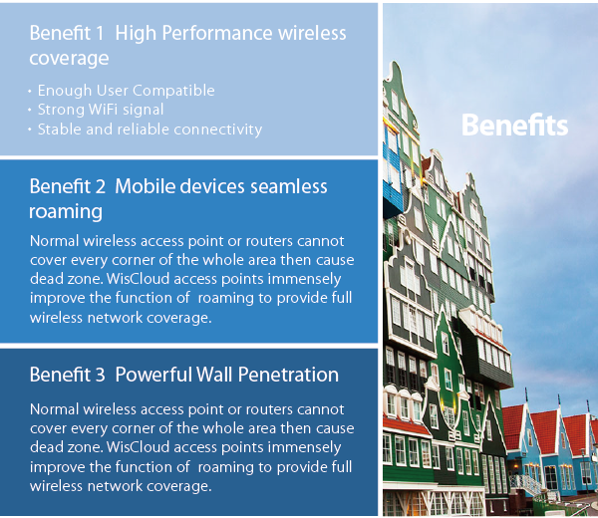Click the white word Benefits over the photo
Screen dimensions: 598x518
tap(514, 126)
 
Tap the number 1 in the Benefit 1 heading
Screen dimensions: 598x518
tap(100, 33)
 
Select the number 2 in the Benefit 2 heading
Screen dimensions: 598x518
tap(101, 186)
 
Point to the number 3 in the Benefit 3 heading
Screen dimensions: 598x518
tap(100, 375)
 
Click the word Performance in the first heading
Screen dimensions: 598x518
tap(216, 33)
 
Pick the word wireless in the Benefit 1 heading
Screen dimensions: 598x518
tap(312, 33)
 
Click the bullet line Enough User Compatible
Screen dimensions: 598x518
tap(126, 91)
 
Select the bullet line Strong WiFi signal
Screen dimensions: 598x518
tap(101, 110)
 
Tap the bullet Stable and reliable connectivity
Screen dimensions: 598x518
tap(149, 129)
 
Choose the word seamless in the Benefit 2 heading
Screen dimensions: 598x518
tap(289, 186)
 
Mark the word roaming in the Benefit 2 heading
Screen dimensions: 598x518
tap(66, 212)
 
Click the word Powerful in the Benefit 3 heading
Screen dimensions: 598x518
tap(152, 375)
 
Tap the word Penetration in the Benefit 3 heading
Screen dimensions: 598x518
tap(288, 375)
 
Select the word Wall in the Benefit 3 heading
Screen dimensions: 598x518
tap(214, 375)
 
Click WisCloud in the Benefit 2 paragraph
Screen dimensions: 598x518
tap(138, 279)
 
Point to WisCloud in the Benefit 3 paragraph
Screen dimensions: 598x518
tap(138, 447)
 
